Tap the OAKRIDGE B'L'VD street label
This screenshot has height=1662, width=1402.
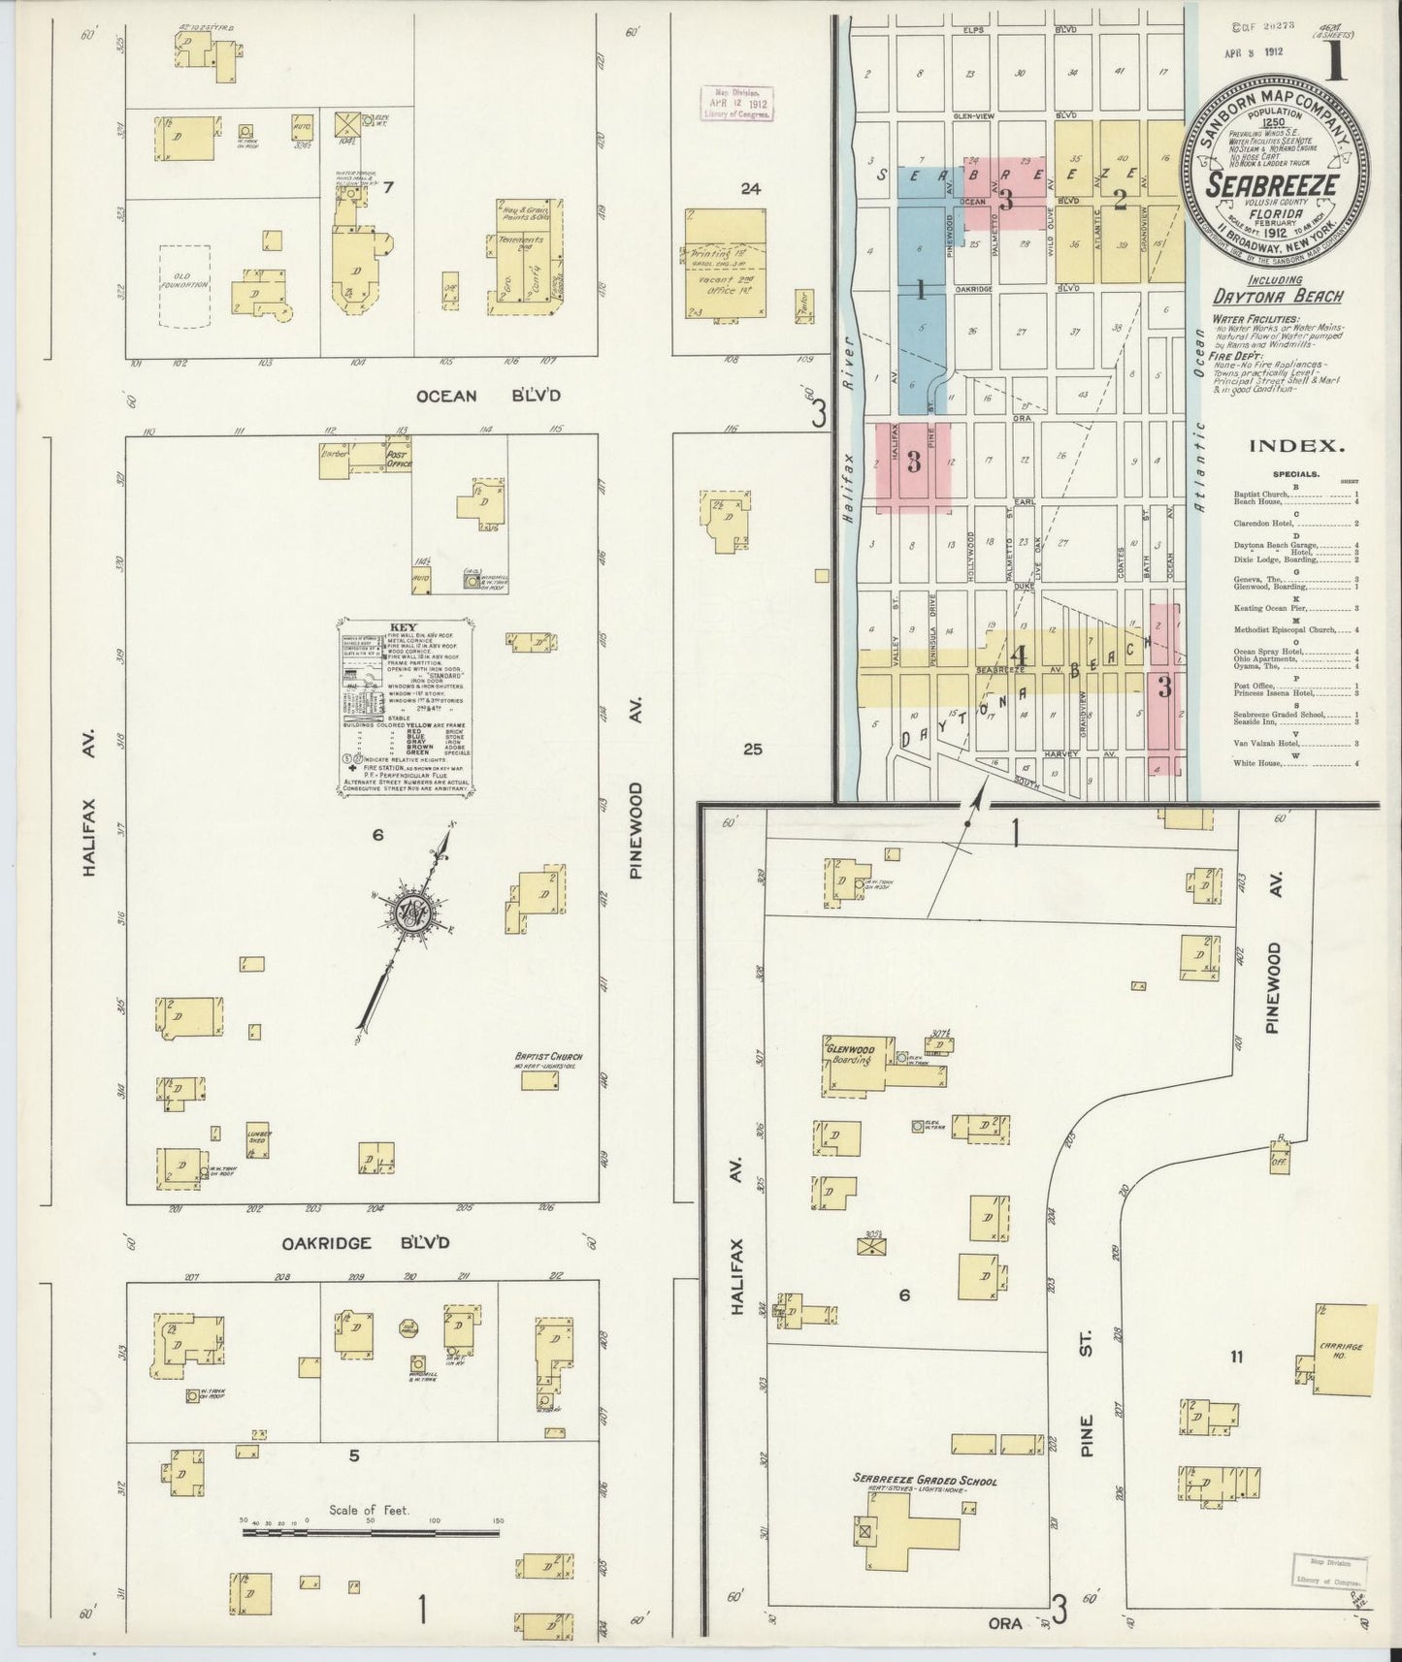pyautogui.click(x=366, y=1243)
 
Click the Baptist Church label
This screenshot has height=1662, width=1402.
pyautogui.click(x=549, y=1057)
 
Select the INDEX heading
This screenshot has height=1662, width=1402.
pyautogui.click(x=1296, y=447)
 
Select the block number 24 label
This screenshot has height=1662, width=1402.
pyautogui.click(x=750, y=189)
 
